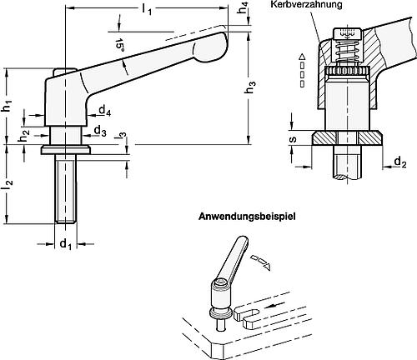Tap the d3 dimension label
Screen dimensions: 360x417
pyautogui.click(x=99, y=131)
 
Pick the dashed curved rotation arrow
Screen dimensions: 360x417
pyautogui.click(x=262, y=262)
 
